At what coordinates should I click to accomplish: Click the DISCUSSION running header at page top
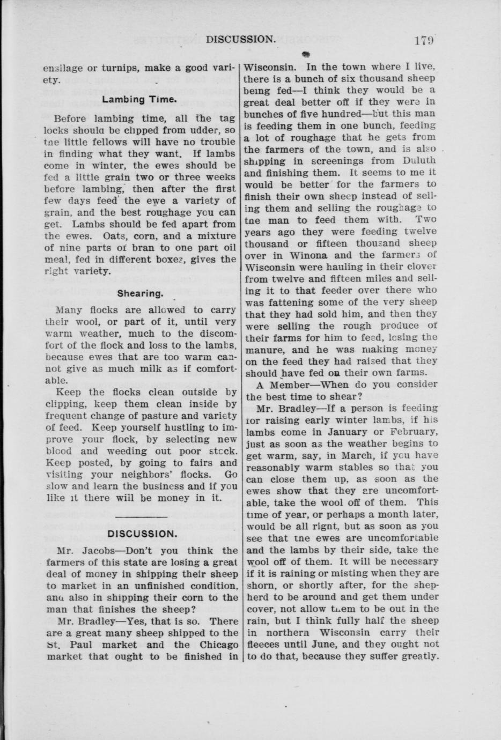tap(241, 39)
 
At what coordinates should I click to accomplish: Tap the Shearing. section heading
tap(140, 293)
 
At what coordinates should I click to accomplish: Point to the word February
tap(415, 432)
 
